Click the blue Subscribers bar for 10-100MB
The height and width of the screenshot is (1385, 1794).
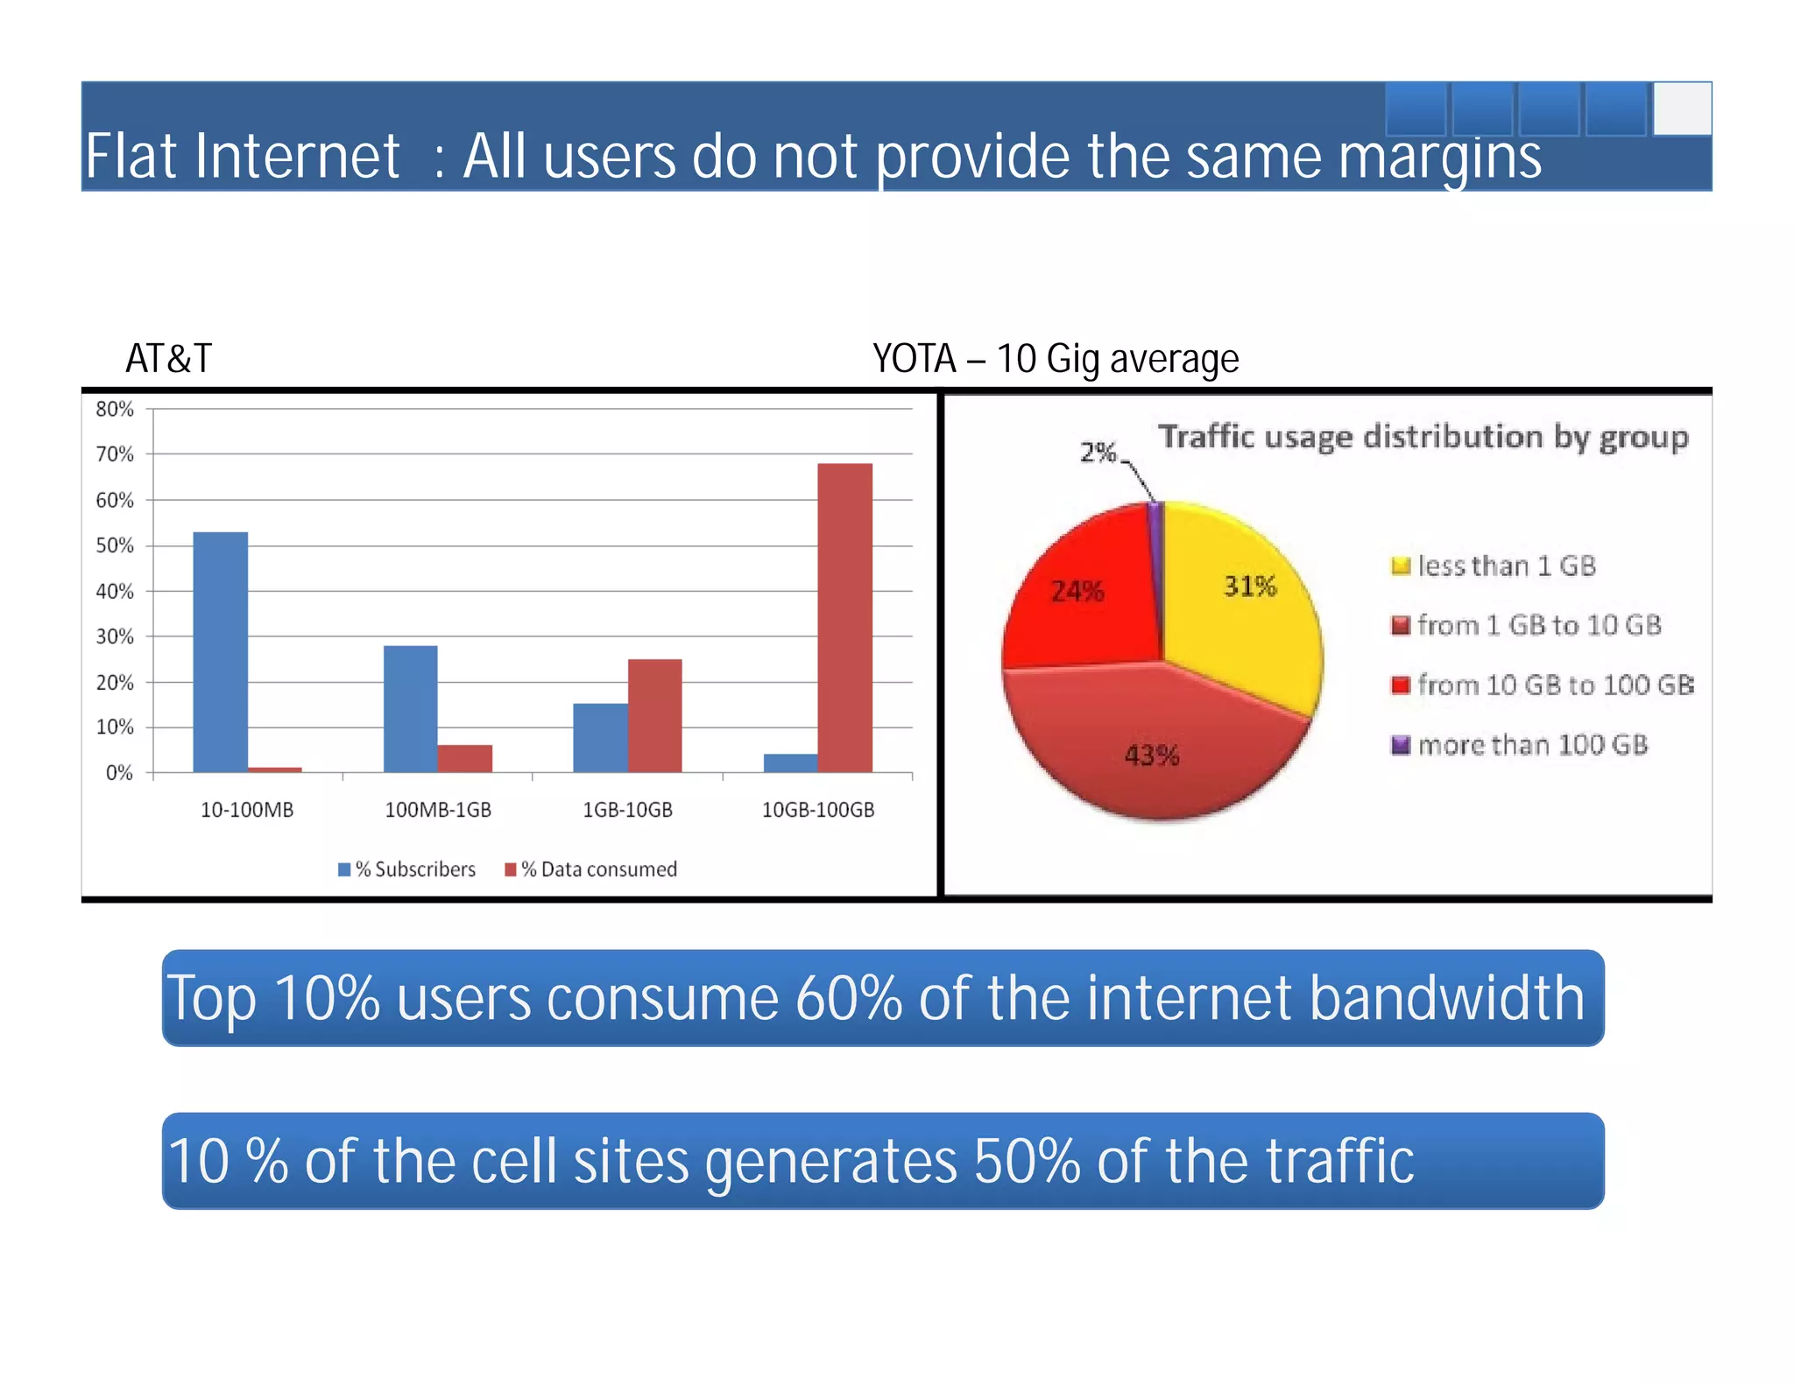pos(220,651)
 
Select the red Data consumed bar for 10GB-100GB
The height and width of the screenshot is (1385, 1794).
pos(844,617)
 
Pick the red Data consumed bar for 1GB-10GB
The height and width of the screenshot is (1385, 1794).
pos(654,715)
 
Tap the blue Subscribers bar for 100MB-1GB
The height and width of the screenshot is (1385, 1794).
pos(410,708)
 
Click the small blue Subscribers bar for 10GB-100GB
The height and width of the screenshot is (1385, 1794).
pos(790,763)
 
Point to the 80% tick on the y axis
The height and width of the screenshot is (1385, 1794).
pos(115,409)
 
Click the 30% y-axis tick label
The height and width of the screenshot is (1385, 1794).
pos(115,636)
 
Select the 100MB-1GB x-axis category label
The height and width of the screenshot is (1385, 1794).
pos(438,810)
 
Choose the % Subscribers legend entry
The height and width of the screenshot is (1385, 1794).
pos(407,869)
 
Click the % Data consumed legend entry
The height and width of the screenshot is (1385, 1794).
pos(591,869)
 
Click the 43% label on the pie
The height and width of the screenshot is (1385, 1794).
pos(1152,755)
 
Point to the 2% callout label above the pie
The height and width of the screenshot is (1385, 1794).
pos(1098,452)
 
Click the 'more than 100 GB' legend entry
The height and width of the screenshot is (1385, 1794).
pos(1520,745)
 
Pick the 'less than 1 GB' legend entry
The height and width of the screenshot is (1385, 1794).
pos(1494,566)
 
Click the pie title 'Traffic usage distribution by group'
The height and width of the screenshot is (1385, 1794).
pos(1423,436)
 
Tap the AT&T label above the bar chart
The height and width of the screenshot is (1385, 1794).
pos(168,358)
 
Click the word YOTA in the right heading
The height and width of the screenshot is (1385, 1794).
pos(914,358)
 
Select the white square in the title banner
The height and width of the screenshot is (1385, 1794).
pos(1682,109)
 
